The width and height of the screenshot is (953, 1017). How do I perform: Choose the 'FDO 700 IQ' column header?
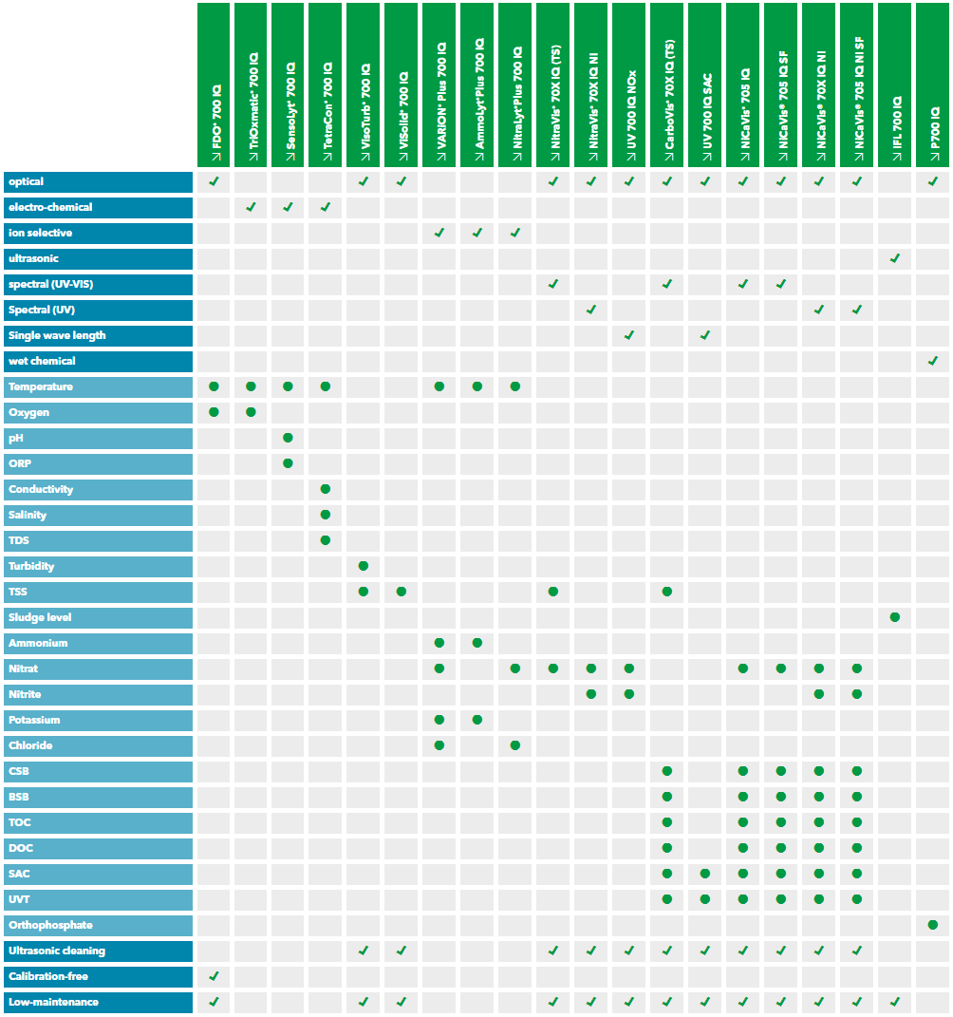(x=215, y=85)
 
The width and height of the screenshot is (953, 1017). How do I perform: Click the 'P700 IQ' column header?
(x=933, y=85)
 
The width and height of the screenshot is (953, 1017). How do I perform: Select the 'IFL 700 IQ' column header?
(x=895, y=85)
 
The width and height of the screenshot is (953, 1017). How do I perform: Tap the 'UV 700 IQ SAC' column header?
(x=705, y=85)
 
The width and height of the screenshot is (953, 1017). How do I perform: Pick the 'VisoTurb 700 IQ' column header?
(x=364, y=85)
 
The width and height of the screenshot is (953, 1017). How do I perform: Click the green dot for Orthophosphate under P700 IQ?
(x=933, y=925)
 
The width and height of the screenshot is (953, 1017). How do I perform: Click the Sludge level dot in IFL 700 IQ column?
(x=895, y=617)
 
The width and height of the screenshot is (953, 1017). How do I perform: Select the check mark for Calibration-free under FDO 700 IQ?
(x=215, y=976)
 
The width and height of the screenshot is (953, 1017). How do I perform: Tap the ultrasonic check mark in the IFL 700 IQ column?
(x=895, y=258)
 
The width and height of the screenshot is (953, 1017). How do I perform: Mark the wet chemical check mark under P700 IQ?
(x=933, y=361)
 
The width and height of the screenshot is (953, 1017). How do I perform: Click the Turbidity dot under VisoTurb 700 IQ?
(x=364, y=566)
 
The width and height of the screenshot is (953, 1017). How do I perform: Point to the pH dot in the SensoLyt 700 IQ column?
(x=288, y=438)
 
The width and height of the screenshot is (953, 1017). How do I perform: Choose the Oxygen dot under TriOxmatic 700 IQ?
(x=251, y=412)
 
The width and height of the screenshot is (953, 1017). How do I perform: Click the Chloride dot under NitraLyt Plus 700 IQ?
(x=515, y=745)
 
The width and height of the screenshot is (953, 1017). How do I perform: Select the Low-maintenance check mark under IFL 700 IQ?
(x=895, y=1002)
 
